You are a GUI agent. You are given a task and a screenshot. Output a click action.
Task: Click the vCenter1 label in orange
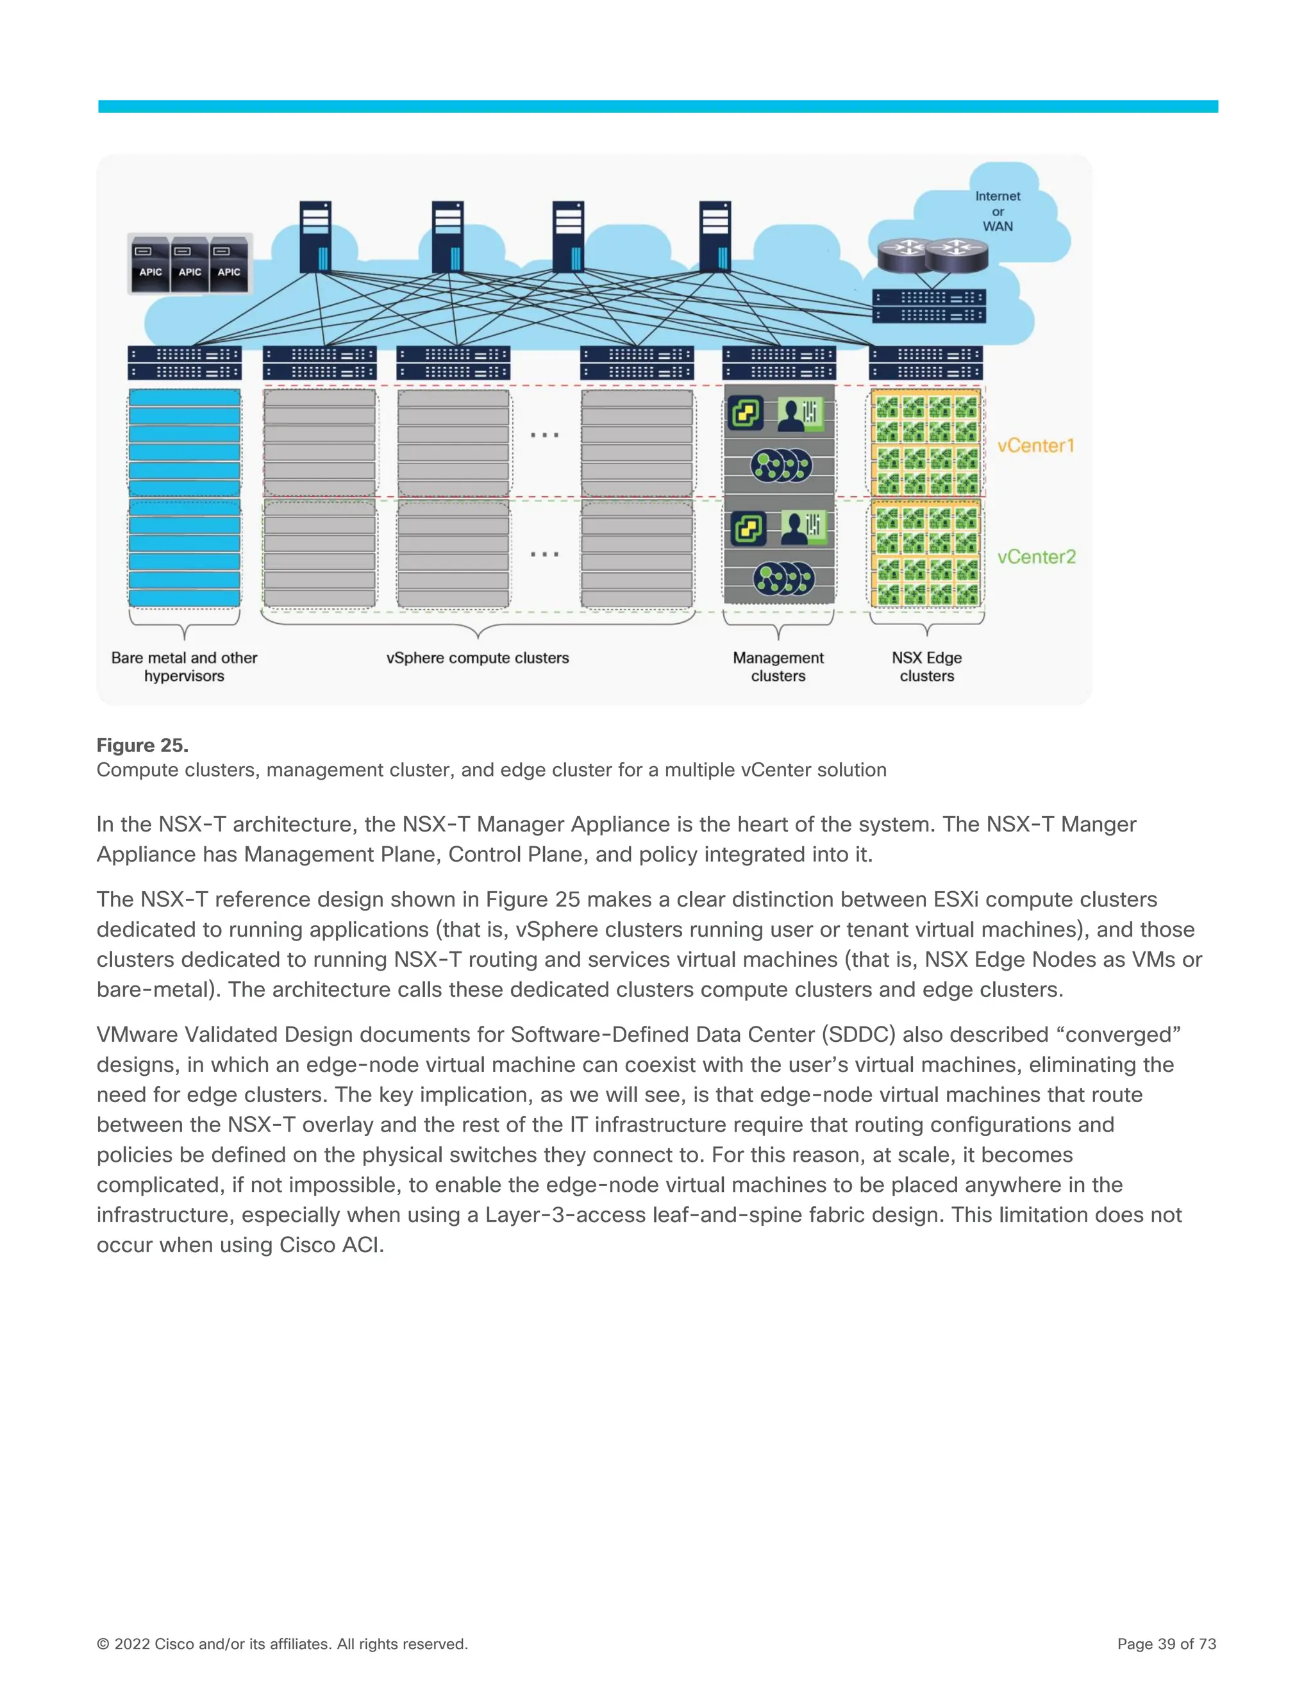point(1035,446)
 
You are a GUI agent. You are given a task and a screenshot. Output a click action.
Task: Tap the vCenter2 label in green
point(1036,557)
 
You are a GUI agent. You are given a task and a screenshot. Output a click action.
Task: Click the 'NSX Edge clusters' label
point(926,667)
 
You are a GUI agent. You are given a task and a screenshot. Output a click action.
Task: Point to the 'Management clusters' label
point(778,667)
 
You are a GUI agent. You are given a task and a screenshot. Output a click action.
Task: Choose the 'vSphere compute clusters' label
point(478,658)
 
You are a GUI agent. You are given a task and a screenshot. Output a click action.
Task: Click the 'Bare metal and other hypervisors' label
point(185,667)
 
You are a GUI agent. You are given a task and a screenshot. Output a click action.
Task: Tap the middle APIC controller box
point(190,265)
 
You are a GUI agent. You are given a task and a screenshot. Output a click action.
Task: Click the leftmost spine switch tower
point(316,237)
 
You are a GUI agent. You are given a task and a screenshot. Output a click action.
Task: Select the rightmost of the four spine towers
point(715,237)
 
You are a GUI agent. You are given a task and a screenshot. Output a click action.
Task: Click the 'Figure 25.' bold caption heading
point(142,745)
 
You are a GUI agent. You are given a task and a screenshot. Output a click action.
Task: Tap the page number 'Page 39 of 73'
point(1166,1644)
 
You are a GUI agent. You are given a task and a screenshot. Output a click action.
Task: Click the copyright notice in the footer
point(281,1644)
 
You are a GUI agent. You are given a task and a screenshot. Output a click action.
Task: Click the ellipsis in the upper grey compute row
point(544,435)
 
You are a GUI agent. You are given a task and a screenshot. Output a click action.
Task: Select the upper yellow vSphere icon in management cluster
point(745,413)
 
